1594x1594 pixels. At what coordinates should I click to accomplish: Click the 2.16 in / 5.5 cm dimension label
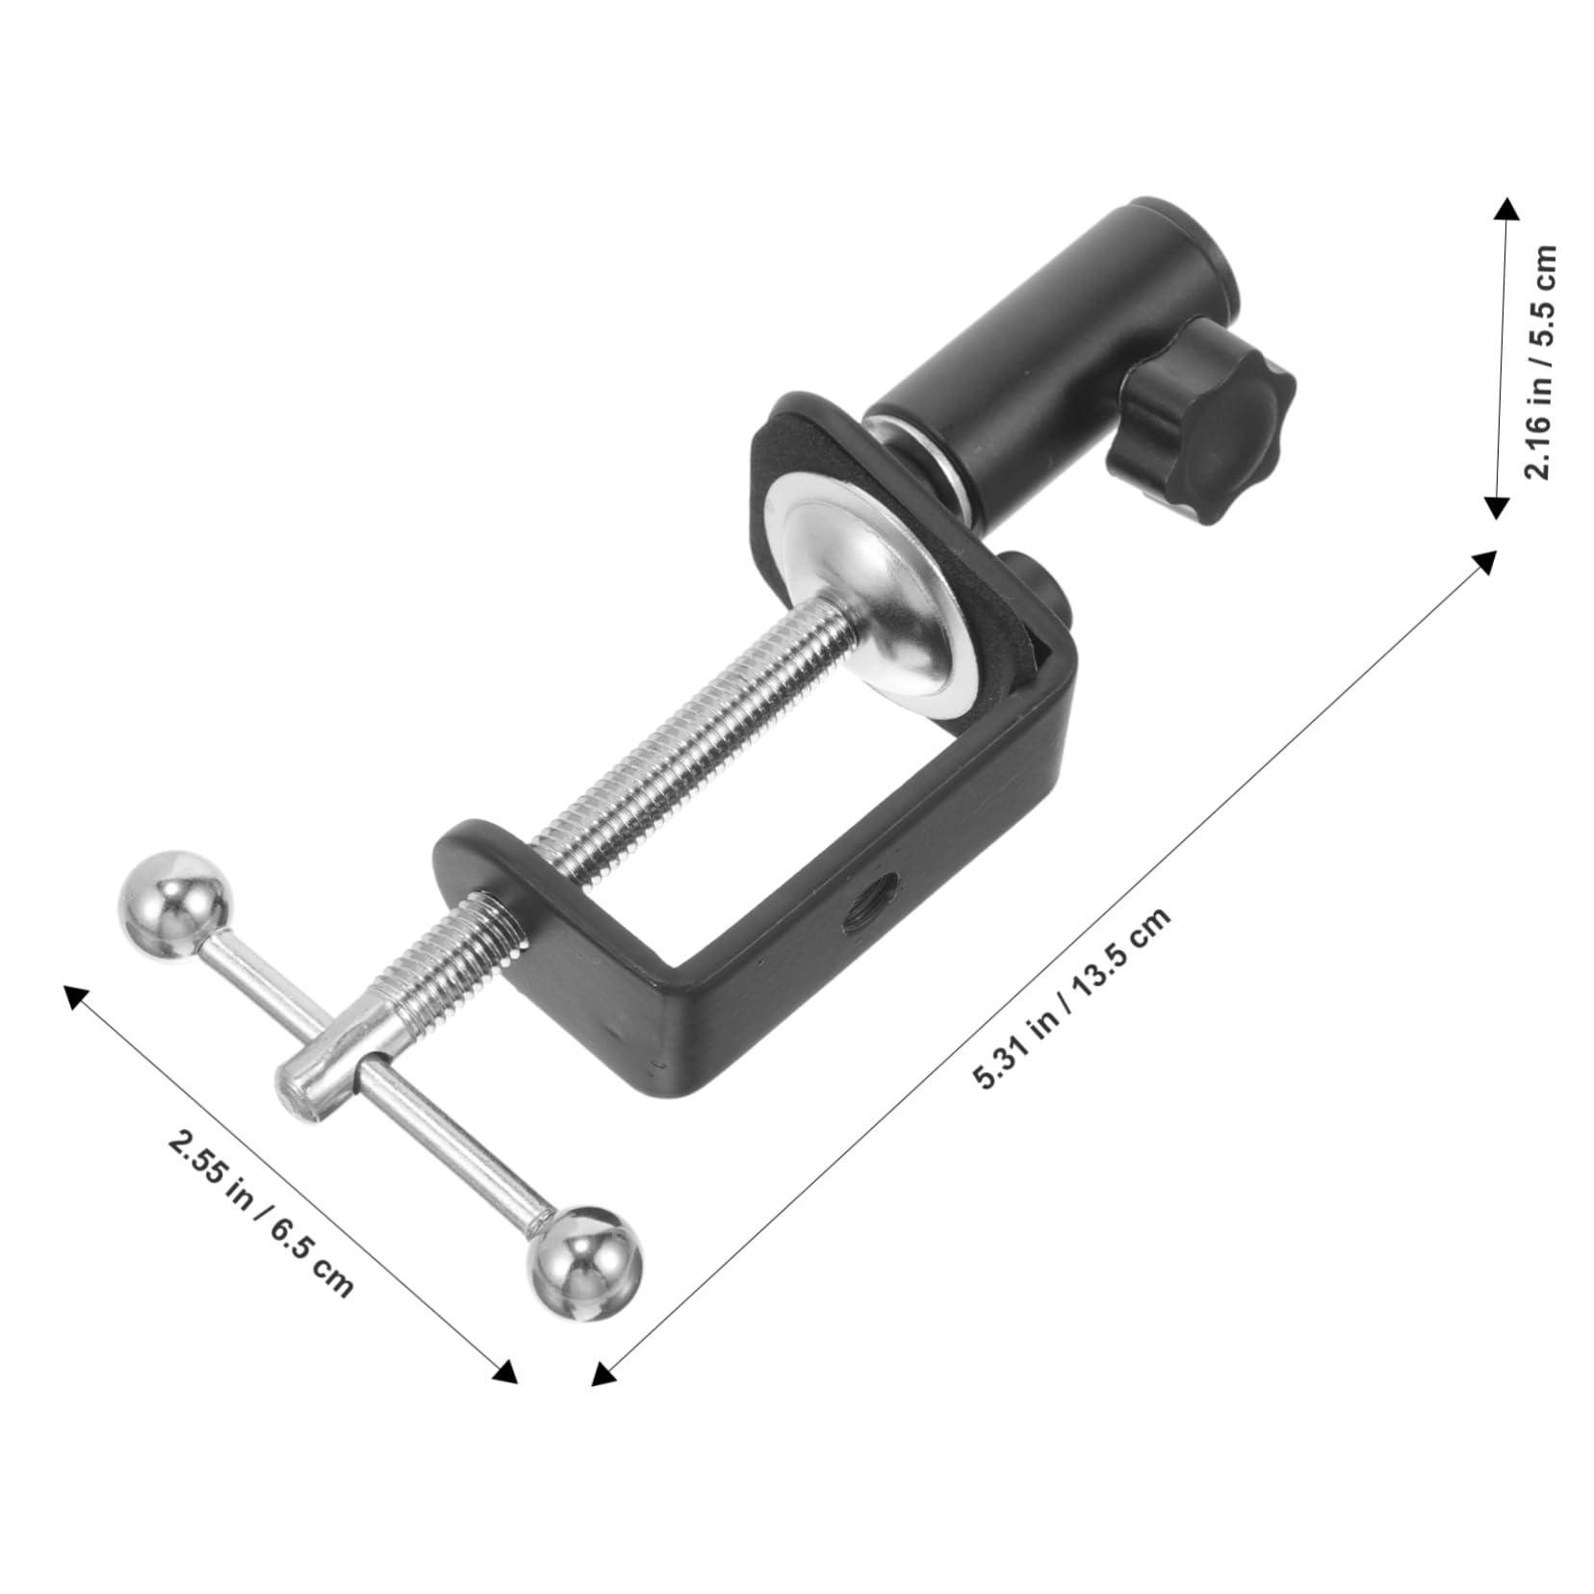[x=1539, y=362]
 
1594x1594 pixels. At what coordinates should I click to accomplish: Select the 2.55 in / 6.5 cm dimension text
[x=261, y=1213]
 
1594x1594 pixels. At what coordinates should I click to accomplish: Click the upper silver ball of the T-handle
[x=176, y=904]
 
